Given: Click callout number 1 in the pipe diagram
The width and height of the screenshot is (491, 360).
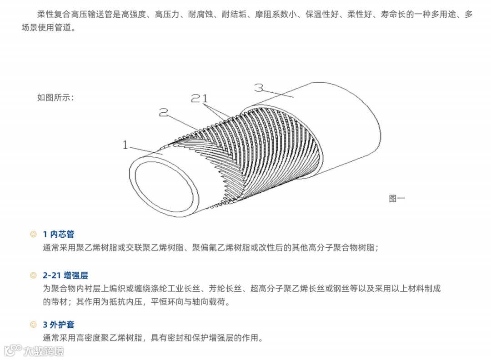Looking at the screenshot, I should tap(125, 145).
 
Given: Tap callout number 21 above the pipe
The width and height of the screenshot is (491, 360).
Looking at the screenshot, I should tap(199, 98).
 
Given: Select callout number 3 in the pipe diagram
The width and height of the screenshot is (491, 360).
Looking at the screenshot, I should tap(259, 87).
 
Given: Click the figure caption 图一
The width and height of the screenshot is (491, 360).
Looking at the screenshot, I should tap(396, 198).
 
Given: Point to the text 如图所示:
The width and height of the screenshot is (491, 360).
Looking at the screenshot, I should tap(55, 97).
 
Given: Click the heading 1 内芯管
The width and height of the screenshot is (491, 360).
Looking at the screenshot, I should tap(58, 235).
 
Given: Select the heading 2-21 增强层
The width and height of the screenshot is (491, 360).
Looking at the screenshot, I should tap(65, 275).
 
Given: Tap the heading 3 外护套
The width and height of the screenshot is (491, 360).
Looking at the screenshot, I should tap(58, 325).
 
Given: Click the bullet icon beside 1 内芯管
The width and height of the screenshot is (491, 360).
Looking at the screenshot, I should tap(33, 235).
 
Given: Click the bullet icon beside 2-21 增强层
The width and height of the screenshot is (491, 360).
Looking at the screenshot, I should tap(33, 275).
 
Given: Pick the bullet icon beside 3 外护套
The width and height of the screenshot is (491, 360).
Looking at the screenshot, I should tap(33, 325).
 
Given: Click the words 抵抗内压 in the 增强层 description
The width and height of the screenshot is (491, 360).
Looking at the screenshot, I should tap(126, 302).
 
